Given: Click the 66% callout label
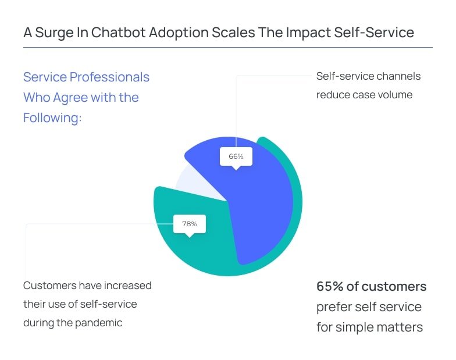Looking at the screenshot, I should [x=236, y=156].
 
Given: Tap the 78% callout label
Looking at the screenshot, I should [x=189, y=224].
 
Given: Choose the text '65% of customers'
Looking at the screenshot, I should [x=371, y=287].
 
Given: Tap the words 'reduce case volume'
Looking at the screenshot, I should [x=364, y=95].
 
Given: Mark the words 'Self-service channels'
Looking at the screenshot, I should [x=368, y=76].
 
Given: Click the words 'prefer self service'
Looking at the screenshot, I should [x=369, y=307].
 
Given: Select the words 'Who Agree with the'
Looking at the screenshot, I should [x=81, y=98].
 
